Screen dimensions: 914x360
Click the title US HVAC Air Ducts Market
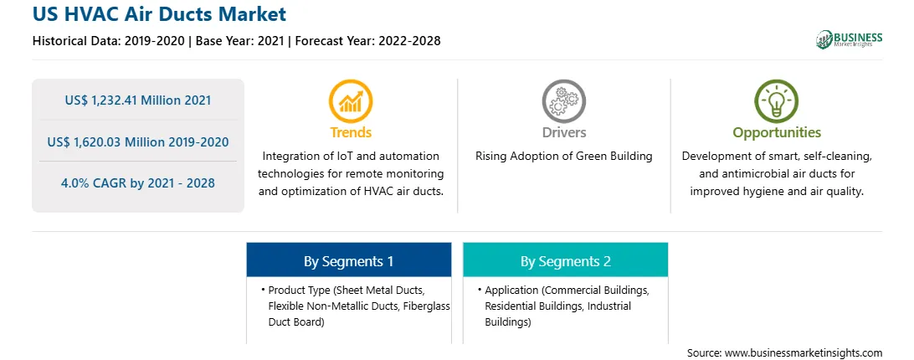click(x=160, y=13)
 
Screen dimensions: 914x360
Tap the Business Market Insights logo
click(x=849, y=39)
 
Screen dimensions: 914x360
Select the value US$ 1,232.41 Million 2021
click(x=138, y=100)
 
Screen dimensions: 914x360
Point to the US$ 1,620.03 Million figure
click(x=138, y=141)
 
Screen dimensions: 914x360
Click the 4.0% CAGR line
click(x=138, y=183)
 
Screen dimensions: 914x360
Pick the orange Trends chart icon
click(x=351, y=101)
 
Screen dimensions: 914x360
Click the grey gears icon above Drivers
click(x=563, y=101)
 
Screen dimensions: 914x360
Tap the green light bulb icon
click(x=777, y=101)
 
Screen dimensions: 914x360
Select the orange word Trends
click(x=351, y=132)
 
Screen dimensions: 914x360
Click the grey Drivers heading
click(x=563, y=132)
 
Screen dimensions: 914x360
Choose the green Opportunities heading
click(x=777, y=133)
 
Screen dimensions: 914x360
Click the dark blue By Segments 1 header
click(x=348, y=261)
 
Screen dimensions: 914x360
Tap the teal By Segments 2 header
click(x=566, y=261)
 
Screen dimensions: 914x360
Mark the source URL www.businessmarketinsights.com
click(x=803, y=353)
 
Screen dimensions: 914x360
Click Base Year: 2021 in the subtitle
click(x=239, y=41)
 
